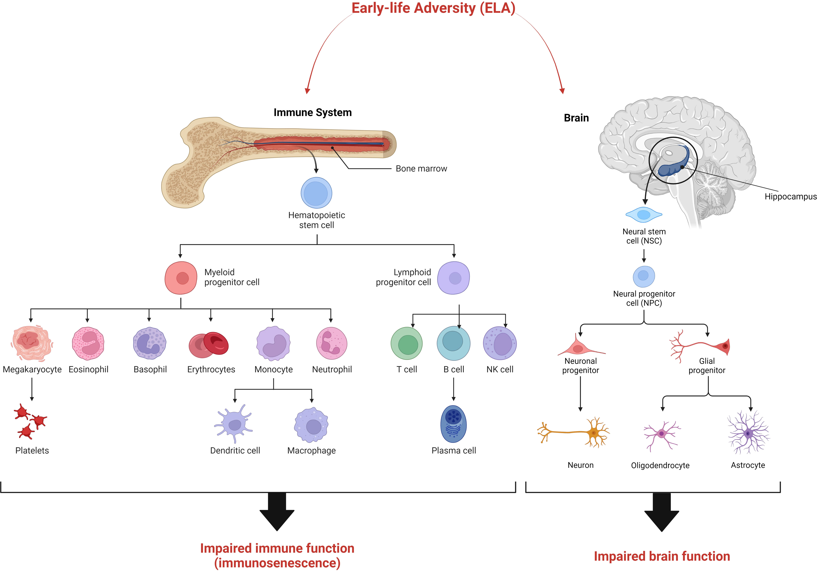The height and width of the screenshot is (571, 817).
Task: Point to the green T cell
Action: pyautogui.click(x=407, y=343)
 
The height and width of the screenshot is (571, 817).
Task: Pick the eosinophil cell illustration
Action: pyautogui.click(x=88, y=343)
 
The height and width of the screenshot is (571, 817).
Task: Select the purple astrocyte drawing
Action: pyautogui.click(x=748, y=432)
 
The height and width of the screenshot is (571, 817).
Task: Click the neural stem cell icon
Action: pyautogui.click(x=644, y=215)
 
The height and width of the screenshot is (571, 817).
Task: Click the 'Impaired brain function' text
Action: pyautogui.click(x=662, y=556)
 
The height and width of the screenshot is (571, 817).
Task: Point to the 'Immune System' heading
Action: pyautogui.click(x=312, y=113)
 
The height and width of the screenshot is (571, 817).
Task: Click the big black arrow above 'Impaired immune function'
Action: pyautogui.click(x=277, y=512)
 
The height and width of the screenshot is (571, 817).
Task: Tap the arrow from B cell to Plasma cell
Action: pyautogui.click(x=453, y=389)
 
